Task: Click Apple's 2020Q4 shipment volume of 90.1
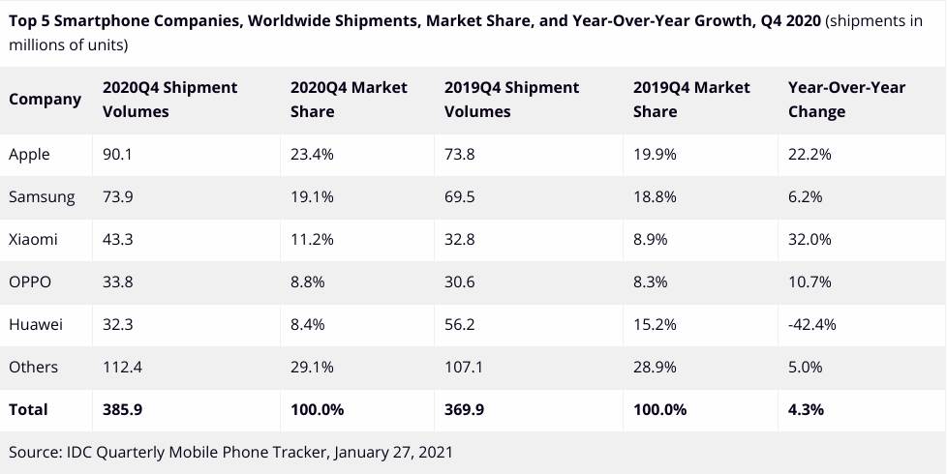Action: tap(117, 154)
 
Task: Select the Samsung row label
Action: tap(42, 196)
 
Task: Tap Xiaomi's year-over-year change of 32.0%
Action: tap(810, 239)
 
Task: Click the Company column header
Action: tap(45, 99)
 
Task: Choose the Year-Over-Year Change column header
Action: tap(847, 99)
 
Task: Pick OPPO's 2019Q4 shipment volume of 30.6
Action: tap(460, 281)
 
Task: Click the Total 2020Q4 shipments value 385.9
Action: tap(122, 409)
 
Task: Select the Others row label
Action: tap(33, 367)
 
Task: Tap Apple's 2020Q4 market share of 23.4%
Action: tap(313, 154)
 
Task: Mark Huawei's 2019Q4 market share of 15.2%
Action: tap(656, 324)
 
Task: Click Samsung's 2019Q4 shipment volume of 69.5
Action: tap(460, 196)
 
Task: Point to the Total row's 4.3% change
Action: tap(807, 409)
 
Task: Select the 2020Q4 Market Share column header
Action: tap(349, 99)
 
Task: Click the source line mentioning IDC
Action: tap(230, 452)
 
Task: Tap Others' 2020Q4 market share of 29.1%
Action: tap(312, 367)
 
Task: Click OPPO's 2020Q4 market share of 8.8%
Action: tap(308, 281)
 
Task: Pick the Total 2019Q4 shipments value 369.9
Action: tap(465, 409)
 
